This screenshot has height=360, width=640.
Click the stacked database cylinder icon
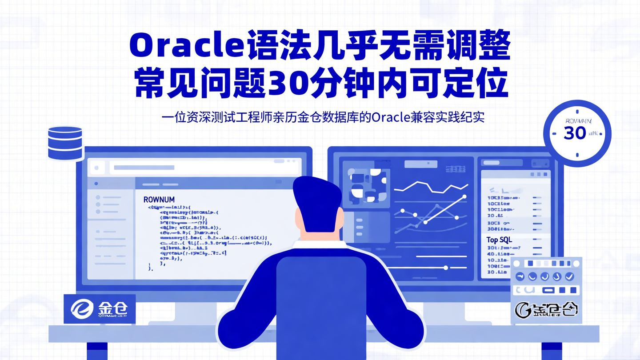(x=65, y=143)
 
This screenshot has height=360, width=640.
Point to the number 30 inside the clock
(x=574, y=133)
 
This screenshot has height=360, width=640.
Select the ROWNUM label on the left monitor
(x=159, y=200)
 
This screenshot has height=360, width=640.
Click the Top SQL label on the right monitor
(x=499, y=240)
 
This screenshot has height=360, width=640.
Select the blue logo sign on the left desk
(x=99, y=308)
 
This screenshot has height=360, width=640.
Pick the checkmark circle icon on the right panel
(x=569, y=277)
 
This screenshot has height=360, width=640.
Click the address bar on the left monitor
(x=204, y=168)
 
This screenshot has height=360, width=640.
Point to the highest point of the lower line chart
(x=464, y=196)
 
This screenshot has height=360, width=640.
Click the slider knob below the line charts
(x=446, y=268)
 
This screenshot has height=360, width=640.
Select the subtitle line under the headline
(x=323, y=118)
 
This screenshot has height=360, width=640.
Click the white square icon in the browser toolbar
(x=96, y=168)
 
